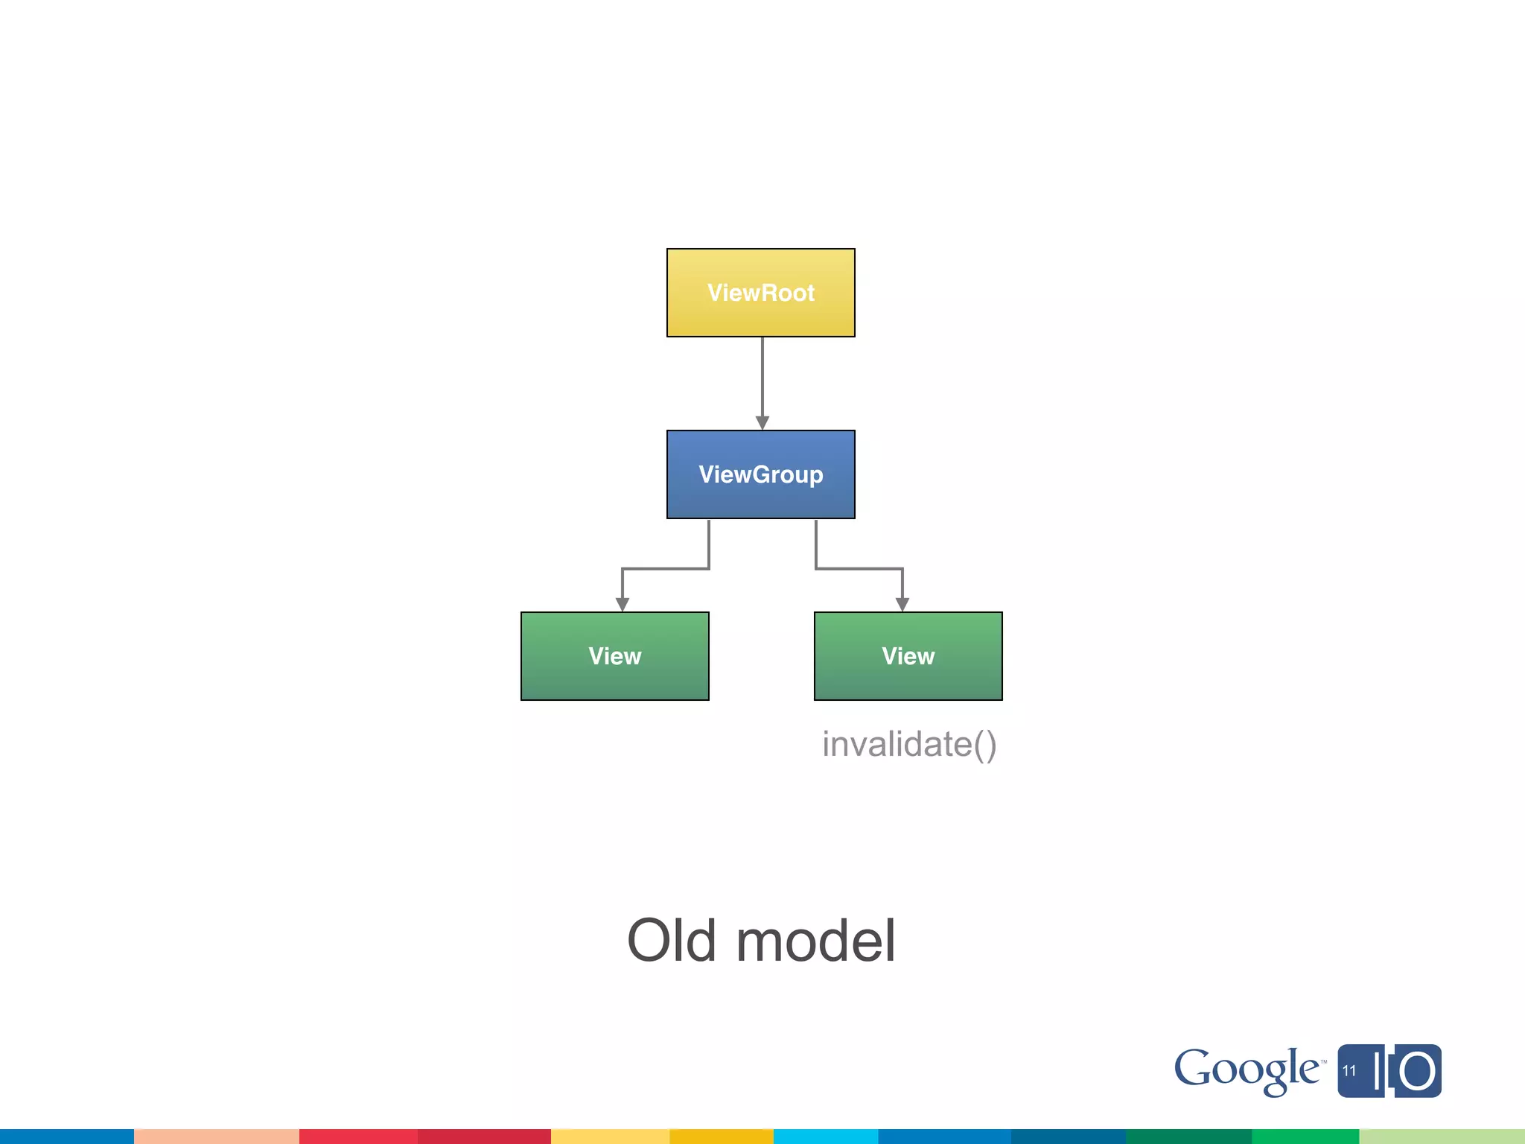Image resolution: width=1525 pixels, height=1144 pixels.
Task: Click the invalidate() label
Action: tap(908, 744)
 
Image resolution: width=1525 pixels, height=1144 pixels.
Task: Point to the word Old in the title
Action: tap(672, 941)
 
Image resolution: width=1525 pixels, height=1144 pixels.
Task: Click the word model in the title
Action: tap(815, 941)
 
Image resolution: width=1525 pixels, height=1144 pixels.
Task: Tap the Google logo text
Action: tap(1247, 1070)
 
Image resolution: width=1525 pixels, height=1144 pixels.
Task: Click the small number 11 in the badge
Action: tap(1349, 1071)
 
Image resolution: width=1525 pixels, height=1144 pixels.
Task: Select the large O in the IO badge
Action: tap(1417, 1072)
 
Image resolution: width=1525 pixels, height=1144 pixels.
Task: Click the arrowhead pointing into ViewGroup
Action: tap(762, 422)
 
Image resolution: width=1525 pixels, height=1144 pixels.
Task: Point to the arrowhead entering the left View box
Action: tap(623, 604)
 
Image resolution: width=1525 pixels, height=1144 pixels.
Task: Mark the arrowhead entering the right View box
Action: tap(902, 604)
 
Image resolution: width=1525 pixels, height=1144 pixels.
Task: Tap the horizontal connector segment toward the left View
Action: tap(665, 569)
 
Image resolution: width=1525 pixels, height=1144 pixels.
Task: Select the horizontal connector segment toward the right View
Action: tap(859, 569)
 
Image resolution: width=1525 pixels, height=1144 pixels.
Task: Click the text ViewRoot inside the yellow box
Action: tap(760, 293)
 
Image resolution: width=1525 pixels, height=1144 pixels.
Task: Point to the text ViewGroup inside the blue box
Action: tap(760, 474)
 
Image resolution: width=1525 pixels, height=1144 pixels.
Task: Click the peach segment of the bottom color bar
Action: tap(216, 1137)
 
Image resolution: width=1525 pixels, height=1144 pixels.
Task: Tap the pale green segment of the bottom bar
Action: tap(1442, 1137)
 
